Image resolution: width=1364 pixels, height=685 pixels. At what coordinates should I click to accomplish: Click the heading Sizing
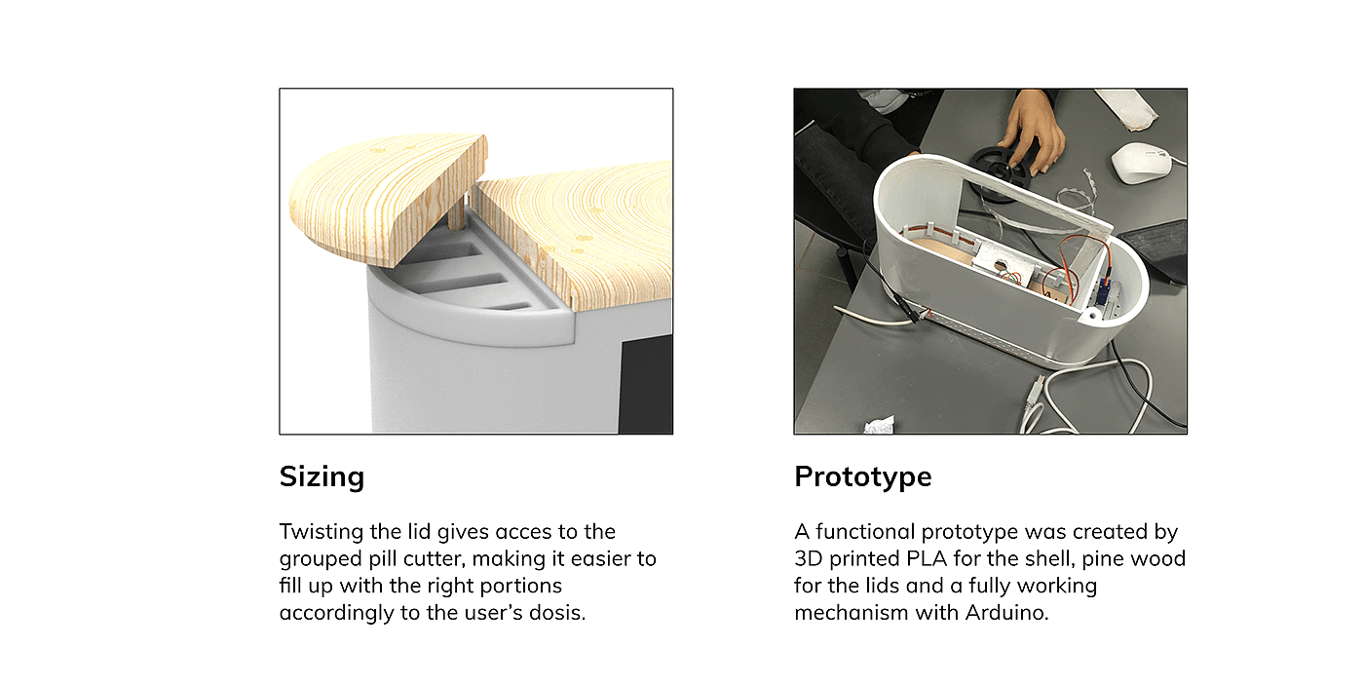point(322,476)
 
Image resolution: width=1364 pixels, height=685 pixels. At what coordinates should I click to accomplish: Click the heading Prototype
point(863,476)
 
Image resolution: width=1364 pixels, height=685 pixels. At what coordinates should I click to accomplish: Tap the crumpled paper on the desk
point(879,425)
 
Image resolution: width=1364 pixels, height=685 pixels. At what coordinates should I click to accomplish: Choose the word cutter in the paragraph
point(435,559)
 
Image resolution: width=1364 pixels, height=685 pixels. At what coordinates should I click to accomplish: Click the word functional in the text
point(865,532)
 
